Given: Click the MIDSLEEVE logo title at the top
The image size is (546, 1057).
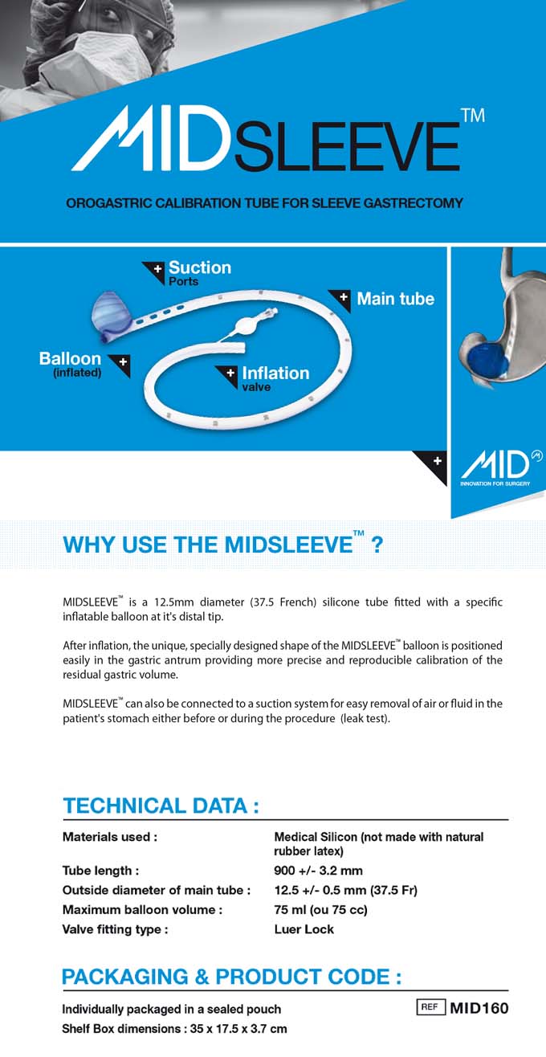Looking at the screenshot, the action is [279, 139].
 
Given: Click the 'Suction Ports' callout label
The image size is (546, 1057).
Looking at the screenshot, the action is [200, 273].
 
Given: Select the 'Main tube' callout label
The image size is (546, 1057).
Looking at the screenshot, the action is [396, 299].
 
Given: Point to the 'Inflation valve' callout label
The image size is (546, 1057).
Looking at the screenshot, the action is [275, 378].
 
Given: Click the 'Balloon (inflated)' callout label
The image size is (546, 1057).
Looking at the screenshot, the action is [71, 364].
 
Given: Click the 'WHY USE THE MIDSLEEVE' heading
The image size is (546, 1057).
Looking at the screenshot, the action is [222, 544].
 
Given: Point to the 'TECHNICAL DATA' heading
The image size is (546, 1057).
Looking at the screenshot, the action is [161, 806].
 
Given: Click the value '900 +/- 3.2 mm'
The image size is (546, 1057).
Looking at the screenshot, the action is [318, 871].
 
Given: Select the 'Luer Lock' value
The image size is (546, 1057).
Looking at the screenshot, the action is [304, 929].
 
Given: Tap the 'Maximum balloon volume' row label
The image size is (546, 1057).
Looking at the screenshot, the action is [142, 910].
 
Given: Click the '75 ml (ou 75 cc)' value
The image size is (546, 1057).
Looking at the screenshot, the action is [320, 910].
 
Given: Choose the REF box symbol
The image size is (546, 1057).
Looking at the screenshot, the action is [430, 1007].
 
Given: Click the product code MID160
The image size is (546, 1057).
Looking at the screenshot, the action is [479, 1008].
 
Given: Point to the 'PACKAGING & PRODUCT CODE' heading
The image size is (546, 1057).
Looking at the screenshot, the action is [232, 977].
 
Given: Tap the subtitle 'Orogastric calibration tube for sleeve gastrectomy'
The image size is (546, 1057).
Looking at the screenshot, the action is [264, 203].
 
